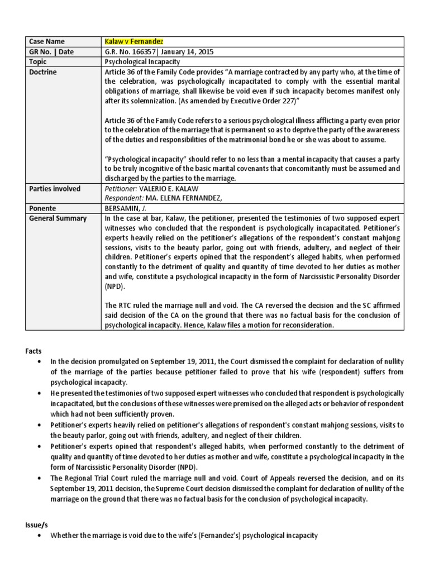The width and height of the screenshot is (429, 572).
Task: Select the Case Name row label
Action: (x=47, y=41)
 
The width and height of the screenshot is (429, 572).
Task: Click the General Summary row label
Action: (x=57, y=218)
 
